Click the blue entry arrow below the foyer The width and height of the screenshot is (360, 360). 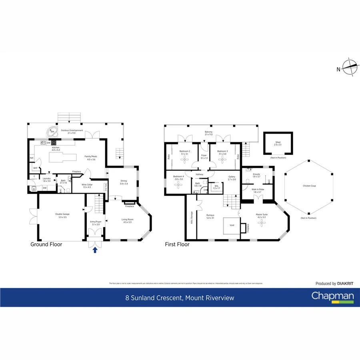click(95, 250)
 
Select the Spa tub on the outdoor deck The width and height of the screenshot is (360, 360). click(52, 132)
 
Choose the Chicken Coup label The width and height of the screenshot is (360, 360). click(308, 186)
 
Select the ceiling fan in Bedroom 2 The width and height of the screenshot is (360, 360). click(185, 160)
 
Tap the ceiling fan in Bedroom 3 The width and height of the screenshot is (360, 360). click(222, 160)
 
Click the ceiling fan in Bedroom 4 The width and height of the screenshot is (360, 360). click(178, 186)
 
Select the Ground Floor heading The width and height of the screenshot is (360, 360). click(46, 244)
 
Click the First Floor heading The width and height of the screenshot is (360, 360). click(177, 244)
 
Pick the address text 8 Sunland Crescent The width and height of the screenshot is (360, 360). click(154, 298)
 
